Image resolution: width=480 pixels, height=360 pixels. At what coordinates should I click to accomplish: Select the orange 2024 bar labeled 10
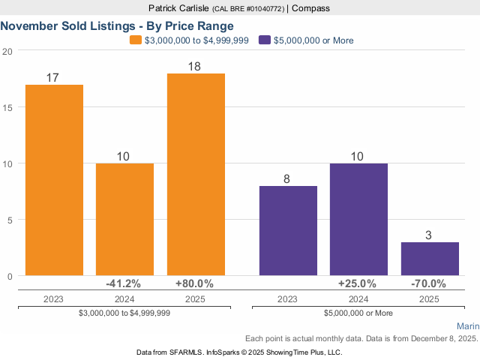click(x=124, y=219)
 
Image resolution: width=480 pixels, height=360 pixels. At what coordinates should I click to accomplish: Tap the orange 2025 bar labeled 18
click(x=196, y=174)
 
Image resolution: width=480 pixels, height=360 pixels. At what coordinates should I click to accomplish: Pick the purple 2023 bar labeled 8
click(x=288, y=230)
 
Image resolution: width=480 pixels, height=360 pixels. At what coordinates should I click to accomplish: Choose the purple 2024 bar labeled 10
click(x=358, y=219)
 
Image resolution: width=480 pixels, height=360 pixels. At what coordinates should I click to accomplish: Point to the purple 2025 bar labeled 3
click(x=429, y=259)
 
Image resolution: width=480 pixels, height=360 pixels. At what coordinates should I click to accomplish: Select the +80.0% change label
click(x=195, y=283)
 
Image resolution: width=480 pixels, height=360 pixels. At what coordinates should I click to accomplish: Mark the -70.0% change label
click(x=429, y=283)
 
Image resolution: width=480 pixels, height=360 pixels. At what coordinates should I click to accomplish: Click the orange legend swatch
click(x=135, y=40)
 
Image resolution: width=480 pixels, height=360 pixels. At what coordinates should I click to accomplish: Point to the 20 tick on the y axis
click(x=7, y=51)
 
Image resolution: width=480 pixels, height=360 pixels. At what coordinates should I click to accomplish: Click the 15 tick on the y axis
click(x=7, y=107)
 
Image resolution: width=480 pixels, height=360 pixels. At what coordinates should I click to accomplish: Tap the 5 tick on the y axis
click(x=9, y=220)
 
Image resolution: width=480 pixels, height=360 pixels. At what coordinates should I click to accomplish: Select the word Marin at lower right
click(x=467, y=326)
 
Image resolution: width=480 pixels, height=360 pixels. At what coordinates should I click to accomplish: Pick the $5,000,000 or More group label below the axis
click(x=358, y=313)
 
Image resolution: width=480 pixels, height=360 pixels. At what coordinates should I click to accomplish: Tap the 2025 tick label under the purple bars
click(x=429, y=298)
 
